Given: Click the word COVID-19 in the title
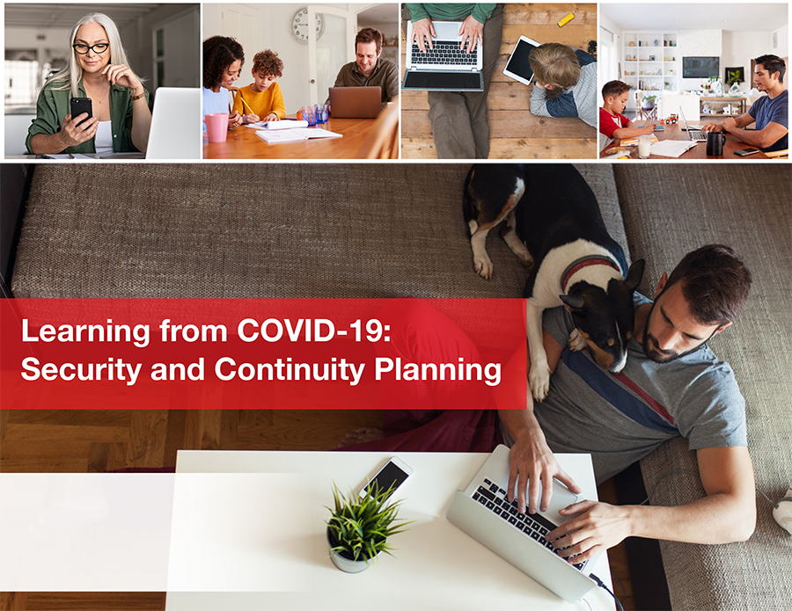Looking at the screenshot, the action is (313, 331).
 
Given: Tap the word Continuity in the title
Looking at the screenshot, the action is (290, 369).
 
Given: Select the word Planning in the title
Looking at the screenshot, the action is (438, 370).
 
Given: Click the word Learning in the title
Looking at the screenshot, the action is (85, 331).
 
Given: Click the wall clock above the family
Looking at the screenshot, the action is (307, 25).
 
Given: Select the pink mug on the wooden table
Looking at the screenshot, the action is (216, 127).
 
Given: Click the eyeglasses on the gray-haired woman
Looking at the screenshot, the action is (91, 48).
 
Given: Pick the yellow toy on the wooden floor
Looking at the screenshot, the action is (565, 19).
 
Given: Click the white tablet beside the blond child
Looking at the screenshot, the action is (521, 60).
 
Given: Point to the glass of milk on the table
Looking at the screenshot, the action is (644, 147).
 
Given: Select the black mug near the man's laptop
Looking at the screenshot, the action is (715, 143).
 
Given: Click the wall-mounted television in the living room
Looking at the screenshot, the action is (700, 67).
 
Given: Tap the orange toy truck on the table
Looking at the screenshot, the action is (670, 119).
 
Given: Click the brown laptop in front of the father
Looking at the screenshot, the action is (356, 102).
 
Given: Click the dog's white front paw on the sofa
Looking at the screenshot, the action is (484, 265).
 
